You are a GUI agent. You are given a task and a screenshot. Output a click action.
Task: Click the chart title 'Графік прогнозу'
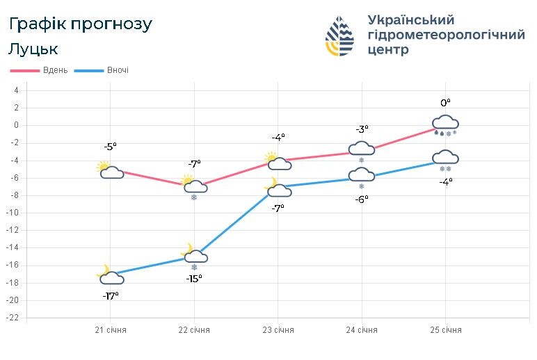coord(81,24)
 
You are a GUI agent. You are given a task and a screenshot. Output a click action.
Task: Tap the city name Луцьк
coord(33,49)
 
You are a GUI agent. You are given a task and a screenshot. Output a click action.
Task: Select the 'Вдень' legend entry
coord(40,70)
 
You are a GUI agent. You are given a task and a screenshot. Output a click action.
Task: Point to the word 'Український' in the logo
coord(410,19)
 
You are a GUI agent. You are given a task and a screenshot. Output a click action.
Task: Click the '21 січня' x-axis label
coord(111,329)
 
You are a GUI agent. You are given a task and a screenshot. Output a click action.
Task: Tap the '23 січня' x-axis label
coord(278,329)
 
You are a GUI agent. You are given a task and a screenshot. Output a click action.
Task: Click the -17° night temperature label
coord(111,295)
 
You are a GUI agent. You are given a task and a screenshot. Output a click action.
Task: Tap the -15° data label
coord(194,279)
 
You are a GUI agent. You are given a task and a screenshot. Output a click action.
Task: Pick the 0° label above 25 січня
coord(445,103)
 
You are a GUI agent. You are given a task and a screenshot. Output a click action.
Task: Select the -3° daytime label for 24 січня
coord(362,129)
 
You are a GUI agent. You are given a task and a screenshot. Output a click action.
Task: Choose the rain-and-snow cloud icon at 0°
coord(445,125)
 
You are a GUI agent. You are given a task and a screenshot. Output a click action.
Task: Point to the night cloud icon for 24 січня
coord(362,177)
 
